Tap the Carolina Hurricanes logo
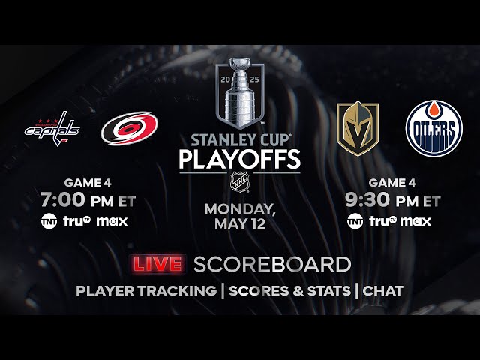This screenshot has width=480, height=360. click(x=129, y=128)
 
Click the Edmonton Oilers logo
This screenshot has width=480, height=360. click(x=433, y=128)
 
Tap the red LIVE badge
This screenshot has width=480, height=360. click(x=157, y=264)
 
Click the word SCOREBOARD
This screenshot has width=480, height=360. click(x=272, y=264)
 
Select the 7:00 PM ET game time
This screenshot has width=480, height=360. click(x=88, y=202)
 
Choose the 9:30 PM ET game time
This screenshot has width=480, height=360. click(x=393, y=202)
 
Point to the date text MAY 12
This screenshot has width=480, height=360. click(x=240, y=223)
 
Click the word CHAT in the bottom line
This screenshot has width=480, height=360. click(x=383, y=290)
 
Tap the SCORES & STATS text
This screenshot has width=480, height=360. click(x=289, y=290)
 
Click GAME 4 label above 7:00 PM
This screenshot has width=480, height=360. click(x=88, y=182)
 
